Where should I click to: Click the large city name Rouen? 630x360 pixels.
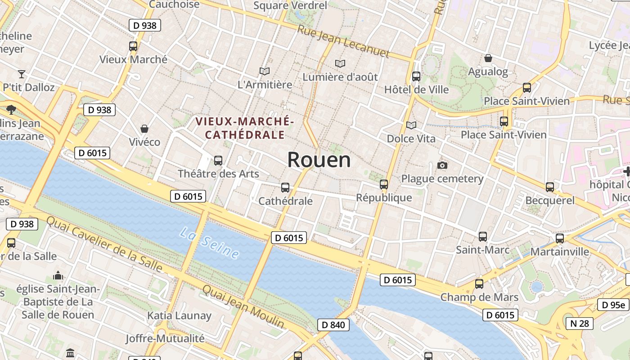pos(319,160)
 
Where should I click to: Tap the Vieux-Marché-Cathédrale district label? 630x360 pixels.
pos(244,128)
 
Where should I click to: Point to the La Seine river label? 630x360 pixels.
pos(210,243)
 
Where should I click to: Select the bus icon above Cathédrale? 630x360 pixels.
pos(285,188)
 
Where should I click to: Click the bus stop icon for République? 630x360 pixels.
pos(384,184)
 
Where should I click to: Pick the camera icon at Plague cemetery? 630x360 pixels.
pos(442,166)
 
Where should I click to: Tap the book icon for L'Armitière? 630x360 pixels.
pos(265,71)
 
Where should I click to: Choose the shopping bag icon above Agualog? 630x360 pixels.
pos(488,58)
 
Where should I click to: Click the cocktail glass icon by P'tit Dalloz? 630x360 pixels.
pos(22,74)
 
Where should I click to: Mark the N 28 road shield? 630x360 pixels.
pos(580,323)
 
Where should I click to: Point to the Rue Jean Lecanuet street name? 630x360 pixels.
pos(343,41)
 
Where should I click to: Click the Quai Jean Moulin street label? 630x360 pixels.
pos(243,306)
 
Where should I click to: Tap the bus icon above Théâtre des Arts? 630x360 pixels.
pos(218,160)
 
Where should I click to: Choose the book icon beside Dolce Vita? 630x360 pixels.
pos(411,125)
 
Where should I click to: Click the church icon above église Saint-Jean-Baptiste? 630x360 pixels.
pos(58,275)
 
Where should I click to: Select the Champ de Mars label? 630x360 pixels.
pos(479,297)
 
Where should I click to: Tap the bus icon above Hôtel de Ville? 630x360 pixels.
pos(416,76)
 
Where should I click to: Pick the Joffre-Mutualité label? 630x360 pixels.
pos(165,338)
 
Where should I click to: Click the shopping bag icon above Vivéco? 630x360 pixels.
pos(144,129)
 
